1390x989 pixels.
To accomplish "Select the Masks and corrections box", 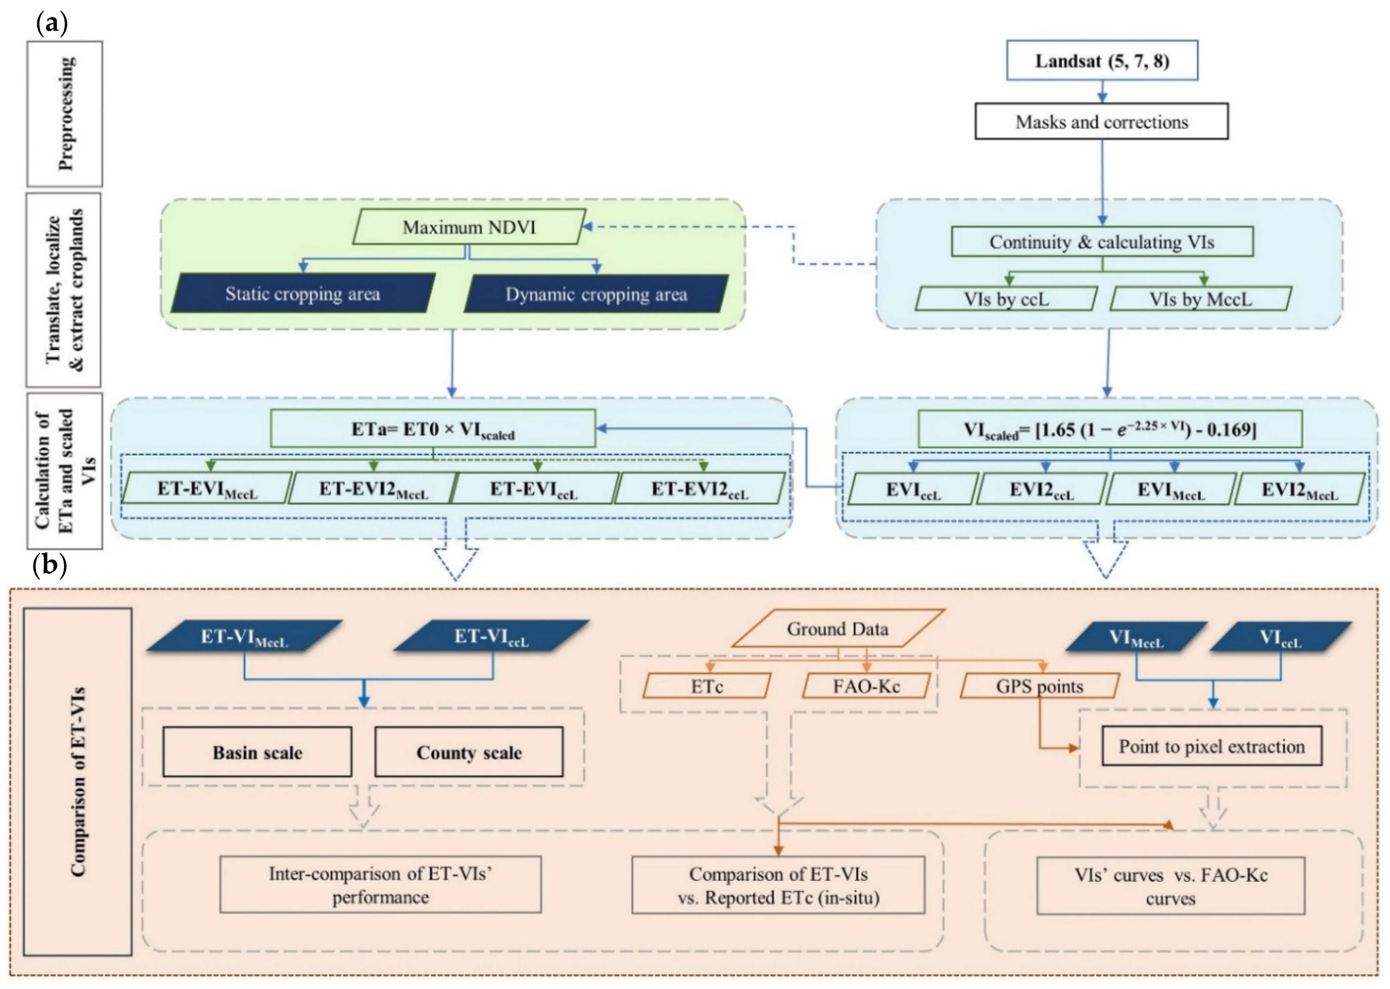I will [x=1101, y=122].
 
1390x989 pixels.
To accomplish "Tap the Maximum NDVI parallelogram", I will [x=469, y=227].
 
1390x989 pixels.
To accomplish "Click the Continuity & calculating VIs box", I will [x=1101, y=242].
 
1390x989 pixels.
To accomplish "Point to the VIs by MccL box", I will [x=1200, y=299].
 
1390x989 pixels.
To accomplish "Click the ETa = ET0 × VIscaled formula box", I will [x=432, y=429].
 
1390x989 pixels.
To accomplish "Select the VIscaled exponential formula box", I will [x=1109, y=429].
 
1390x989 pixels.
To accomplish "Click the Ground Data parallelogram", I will [x=838, y=629].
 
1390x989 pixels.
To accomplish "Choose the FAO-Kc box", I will [x=866, y=686].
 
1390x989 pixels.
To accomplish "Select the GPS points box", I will [x=1039, y=686].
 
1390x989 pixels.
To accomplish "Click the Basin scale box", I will [x=257, y=752].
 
